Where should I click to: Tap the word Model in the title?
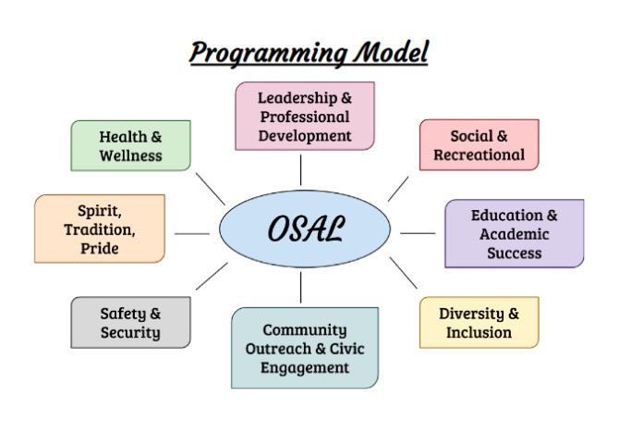(391, 52)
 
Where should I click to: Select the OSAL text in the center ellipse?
(306, 229)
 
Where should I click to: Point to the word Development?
(305, 135)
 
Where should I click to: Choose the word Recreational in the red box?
(479, 155)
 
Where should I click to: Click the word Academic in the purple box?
(515, 234)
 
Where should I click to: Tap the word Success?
(515, 253)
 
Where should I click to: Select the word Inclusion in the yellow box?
(479, 332)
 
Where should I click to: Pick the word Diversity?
(471, 314)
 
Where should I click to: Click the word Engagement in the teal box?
(305, 368)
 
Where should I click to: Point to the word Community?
(305, 330)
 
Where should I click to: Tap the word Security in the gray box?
(130, 333)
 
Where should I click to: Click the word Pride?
(100, 249)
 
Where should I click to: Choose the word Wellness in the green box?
(130, 155)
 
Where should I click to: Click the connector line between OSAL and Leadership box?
(300, 170)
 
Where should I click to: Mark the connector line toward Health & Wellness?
(211, 189)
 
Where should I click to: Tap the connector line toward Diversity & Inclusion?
(403, 273)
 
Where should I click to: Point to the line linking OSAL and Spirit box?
(192, 234)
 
